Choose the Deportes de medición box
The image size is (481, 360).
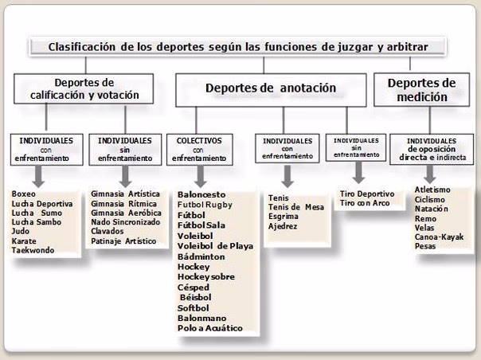coord(421,89)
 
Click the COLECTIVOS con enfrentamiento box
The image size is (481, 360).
coord(199,148)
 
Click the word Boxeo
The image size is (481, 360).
coord(25,194)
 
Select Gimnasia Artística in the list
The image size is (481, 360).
coord(125,194)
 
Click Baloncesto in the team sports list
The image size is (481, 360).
coord(201,194)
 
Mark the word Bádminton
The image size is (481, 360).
coord(201,256)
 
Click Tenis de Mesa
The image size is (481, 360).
coord(296,207)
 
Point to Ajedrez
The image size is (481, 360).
coord(283,226)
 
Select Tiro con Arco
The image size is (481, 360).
coord(365,204)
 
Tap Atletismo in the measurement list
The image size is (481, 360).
coord(432,190)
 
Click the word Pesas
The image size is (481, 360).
coord(426,246)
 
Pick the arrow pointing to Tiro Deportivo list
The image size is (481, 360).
coord(359,173)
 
